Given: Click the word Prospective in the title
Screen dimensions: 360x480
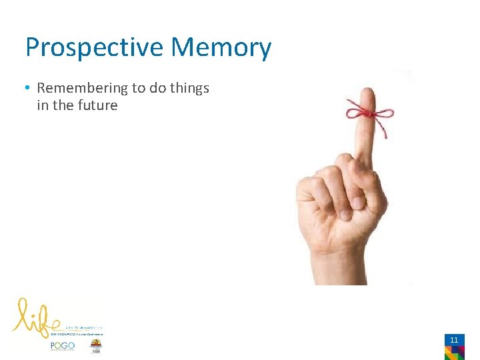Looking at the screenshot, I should [94, 48].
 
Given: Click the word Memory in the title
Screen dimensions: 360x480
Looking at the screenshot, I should [221, 48].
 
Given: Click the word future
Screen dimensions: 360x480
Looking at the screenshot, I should [97, 105].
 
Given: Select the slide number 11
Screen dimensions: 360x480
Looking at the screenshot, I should [454, 340].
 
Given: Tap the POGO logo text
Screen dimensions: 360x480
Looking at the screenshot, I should [63, 346].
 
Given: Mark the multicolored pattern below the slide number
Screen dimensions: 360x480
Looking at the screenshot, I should [455, 352].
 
